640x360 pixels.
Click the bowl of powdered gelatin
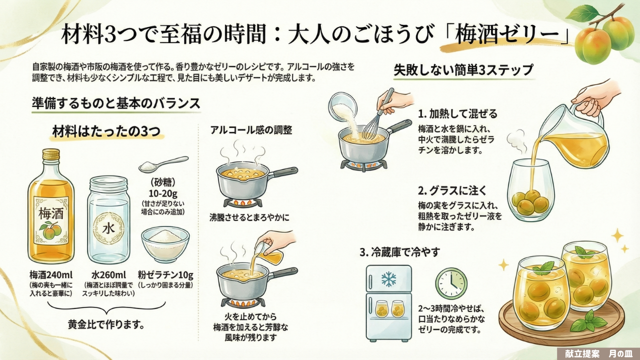pyautogui.click(x=165, y=243)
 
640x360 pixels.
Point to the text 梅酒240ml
pyautogui.click(x=50, y=275)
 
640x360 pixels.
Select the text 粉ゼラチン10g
pyautogui.click(x=165, y=275)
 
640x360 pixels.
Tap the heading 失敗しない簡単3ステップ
pyautogui.click(x=463, y=70)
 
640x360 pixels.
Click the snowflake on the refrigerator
pyautogui.click(x=388, y=278)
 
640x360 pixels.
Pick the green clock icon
pyautogui.click(x=450, y=283)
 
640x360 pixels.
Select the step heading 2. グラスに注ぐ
pyautogui.click(x=452, y=190)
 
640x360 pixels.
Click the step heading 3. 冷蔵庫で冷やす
pyautogui.click(x=399, y=252)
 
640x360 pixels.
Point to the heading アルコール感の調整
pyautogui.click(x=251, y=130)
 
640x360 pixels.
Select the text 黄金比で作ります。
pyautogui.click(x=106, y=324)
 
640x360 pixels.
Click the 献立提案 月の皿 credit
pyautogui.click(x=598, y=353)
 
